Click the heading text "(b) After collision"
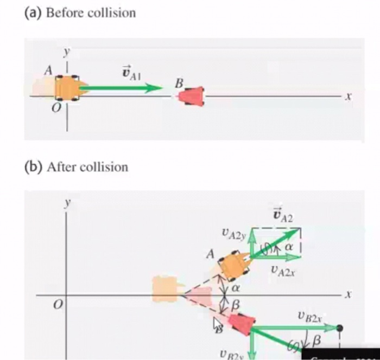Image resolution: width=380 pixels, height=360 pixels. coord(77,167)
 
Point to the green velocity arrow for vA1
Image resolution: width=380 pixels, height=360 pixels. coord(122,88)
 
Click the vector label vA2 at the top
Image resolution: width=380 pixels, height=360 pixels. coord(282,216)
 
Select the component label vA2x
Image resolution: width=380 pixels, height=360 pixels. coord(283,269)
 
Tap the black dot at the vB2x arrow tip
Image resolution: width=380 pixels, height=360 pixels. coord(340,328)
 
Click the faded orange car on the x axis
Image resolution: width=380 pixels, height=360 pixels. coord(164,288)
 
